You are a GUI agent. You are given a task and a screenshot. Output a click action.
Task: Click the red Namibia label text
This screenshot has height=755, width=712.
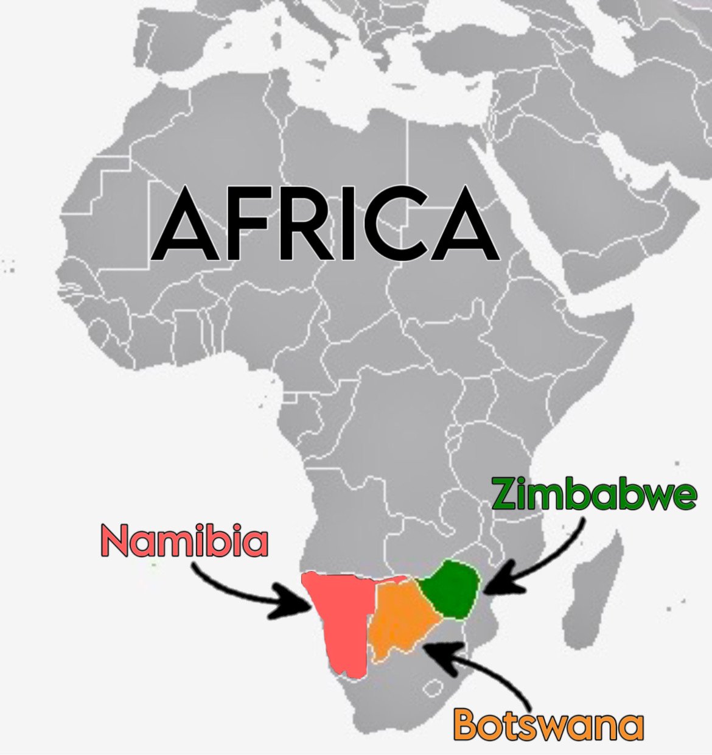[x=184, y=541]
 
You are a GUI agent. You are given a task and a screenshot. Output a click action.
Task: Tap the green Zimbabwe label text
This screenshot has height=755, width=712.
[x=593, y=494]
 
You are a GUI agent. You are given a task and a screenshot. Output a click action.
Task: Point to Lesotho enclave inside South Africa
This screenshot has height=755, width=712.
[x=433, y=689]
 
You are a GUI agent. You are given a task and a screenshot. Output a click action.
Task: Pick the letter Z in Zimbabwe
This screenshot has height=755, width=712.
[x=506, y=494]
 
